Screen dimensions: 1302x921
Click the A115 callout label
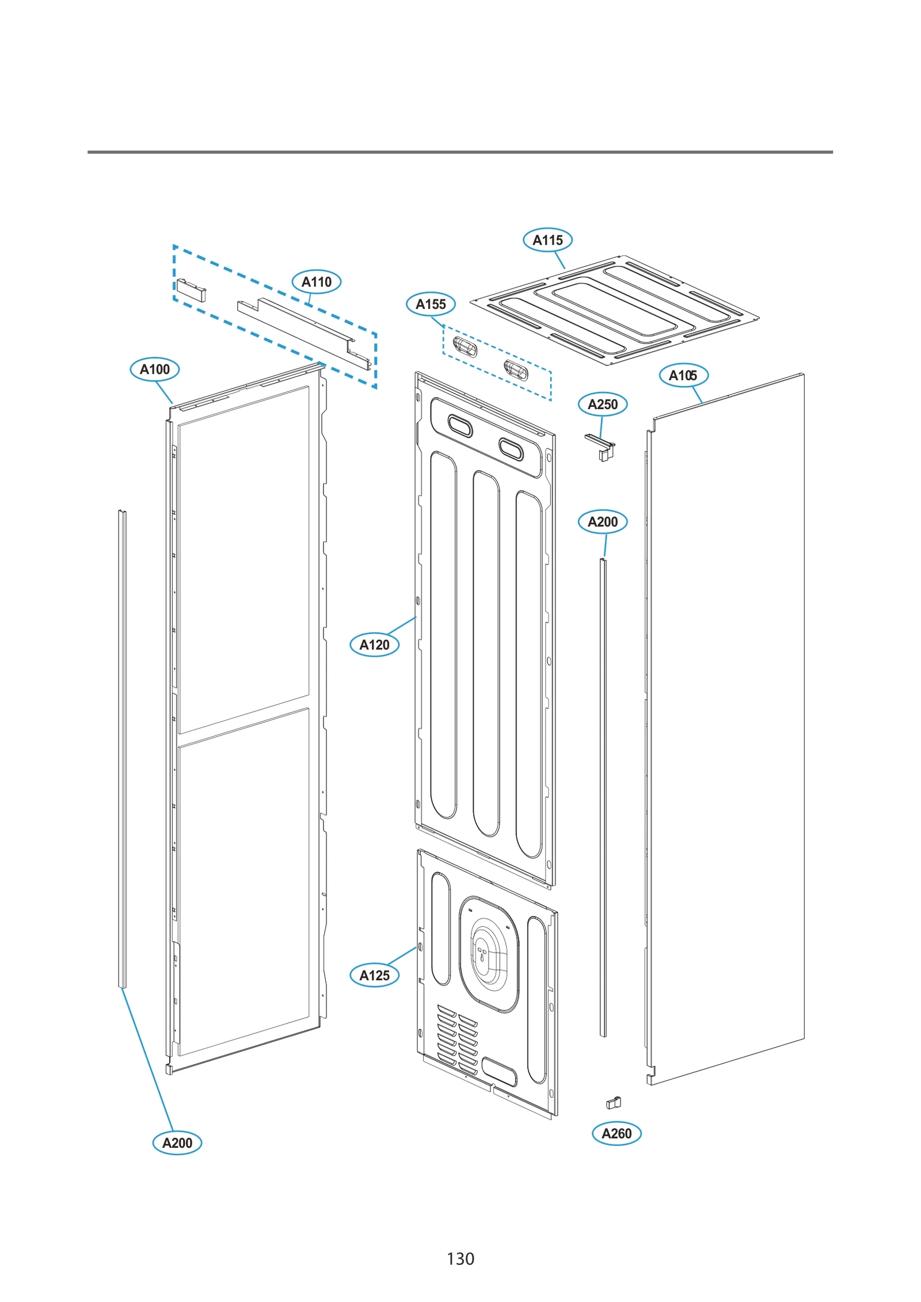click(x=547, y=240)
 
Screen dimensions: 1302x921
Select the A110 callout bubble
click(x=317, y=282)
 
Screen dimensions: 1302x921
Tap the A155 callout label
click(x=431, y=304)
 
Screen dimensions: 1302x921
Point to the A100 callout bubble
click(x=155, y=369)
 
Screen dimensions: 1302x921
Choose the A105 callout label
click(x=683, y=376)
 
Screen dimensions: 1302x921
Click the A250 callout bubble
click(x=602, y=404)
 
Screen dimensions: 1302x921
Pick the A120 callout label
click(x=374, y=645)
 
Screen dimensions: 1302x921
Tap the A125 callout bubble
click(x=374, y=975)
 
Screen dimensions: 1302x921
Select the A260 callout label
click(x=616, y=1133)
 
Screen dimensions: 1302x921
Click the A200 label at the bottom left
click(x=177, y=1143)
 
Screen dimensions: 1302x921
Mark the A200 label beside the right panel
click(x=602, y=522)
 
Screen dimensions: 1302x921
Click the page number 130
click(x=460, y=1258)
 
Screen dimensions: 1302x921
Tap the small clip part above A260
click(x=613, y=1103)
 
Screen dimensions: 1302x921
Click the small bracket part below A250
click(x=602, y=449)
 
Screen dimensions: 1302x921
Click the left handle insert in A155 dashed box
click(x=465, y=346)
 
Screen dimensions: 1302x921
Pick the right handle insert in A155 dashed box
click(x=515, y=370)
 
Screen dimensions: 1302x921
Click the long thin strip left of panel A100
click(x=122, y=748)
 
